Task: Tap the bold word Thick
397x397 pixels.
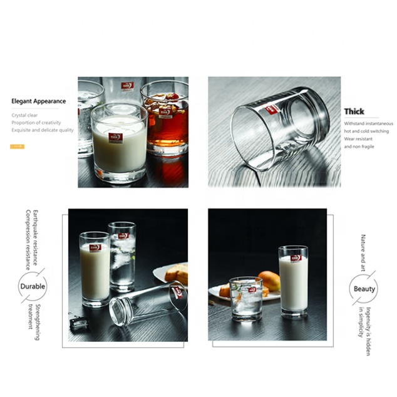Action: pyautogui.click(x=354, y=111)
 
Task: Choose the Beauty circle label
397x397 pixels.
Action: pyautogui.click(x=364, y=289)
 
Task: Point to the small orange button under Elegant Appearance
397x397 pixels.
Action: pyautogui.click(x=18, y=146)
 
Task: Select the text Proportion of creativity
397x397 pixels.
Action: pyautogui.click(x=36, y=123)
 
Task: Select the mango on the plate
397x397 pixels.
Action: pyautogui.click(x=269, y=280)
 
